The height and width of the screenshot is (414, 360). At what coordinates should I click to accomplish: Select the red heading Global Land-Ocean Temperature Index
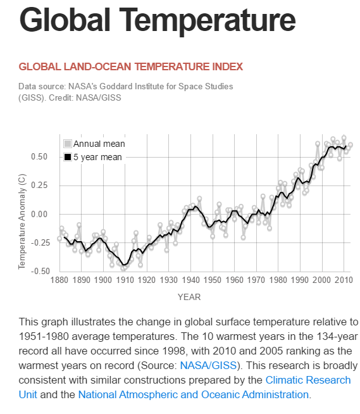tap(131, 66)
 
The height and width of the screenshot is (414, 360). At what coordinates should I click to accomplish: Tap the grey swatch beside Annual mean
tap(67, 144)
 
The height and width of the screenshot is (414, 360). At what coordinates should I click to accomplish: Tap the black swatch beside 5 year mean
tap(67, 157)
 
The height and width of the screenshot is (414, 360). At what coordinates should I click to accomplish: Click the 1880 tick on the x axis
tap(59, 280)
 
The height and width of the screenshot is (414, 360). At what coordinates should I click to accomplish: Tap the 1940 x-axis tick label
tap(190, 280)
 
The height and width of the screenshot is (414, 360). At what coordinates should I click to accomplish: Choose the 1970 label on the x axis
tap(256, 280)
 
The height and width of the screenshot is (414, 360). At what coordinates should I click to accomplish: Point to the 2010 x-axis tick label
tap(343, 280)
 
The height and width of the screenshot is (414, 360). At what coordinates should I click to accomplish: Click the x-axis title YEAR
tap(189, 296)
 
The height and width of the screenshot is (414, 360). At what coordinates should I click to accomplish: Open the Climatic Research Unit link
tap(308, 380)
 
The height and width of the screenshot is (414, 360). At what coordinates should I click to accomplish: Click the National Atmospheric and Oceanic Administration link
tap(194, 394)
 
